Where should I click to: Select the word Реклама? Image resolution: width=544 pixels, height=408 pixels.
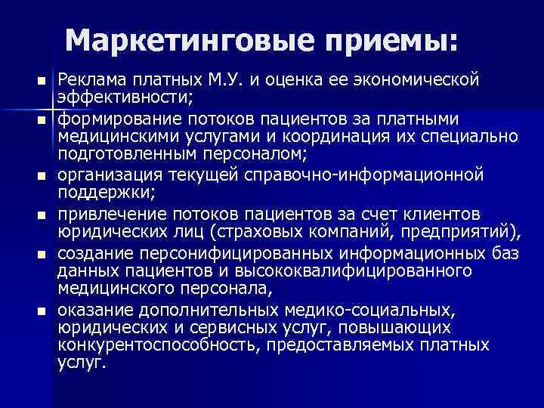[x=91, y=79]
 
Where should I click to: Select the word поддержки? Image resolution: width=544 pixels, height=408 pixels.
[x=94, y=194]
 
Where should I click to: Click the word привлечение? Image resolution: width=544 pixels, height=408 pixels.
[x=104, y=215]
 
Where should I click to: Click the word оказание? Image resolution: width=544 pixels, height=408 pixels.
[x=90, y=309]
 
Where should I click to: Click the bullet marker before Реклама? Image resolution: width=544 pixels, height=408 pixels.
[x=45, y=80]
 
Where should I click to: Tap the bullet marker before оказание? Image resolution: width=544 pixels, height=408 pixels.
[x=45, y=311]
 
